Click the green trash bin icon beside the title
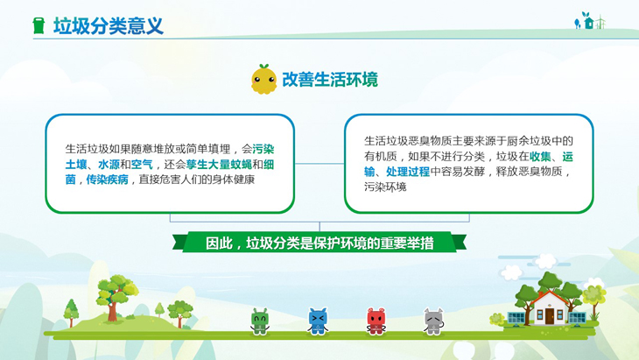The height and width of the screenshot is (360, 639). tap(39, 25)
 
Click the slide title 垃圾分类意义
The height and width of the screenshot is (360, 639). tap(109, 25)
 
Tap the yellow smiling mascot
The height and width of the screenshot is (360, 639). tap(263, 79)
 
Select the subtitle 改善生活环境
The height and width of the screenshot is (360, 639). tap(330, 79)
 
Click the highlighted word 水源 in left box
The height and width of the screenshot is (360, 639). tap(109, 165)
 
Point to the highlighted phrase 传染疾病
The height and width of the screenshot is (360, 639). tap(107, 180)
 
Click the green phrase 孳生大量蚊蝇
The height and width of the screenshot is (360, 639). tap(219, 165)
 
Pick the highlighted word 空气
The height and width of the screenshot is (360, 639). tap(142, 165)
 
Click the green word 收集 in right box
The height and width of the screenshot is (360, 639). tap(540, 156)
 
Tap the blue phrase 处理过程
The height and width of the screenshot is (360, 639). tap(408, 172)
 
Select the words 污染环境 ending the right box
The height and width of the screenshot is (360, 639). tap(385, 187)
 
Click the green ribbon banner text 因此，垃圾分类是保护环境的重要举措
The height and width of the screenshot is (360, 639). tap(319, 243)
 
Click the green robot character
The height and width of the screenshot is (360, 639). tap(260, 321)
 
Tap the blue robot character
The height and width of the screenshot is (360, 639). tap(318, 321)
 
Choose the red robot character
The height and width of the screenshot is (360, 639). tap(376, 321)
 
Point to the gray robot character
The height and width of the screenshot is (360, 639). tap(433, 321)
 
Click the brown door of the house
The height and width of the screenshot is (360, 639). tap(550, 316)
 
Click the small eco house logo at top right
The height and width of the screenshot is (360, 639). tap(589, 21)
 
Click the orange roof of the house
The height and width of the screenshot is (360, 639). tap(549, 299)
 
